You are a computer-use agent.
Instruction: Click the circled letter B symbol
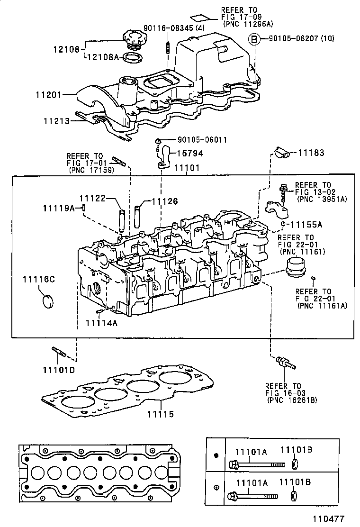[x=254, y=39]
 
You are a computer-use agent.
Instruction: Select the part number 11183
[x=311, y=153]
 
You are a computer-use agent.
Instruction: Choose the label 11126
[x=165, y=201]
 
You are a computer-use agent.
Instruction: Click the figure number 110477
[x=328, y=519]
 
